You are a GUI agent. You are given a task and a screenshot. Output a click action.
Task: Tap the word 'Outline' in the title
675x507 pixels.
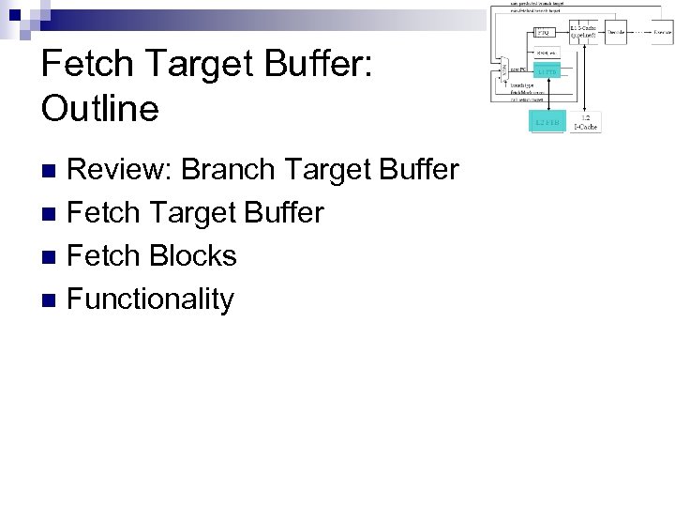pyautogui.click(x=99, y=109)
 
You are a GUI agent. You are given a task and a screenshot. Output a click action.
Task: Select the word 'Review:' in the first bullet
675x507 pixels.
pyautogui.click(x=119, y=170)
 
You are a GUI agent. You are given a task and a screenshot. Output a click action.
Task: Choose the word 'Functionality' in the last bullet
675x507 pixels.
pyautogui.click(x=150, y=300)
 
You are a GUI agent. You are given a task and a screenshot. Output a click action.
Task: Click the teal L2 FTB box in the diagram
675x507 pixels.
pyautogui.click(x=547, y=122)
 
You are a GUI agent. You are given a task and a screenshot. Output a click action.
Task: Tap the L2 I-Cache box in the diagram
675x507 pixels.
pyautogui.click(x=585, y=121)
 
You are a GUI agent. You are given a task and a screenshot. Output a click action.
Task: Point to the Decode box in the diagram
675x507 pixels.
pyautogui.click(x=616, y=33)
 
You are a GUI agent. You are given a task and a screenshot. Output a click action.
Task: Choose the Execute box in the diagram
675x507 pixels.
pyautogui.click(x=661, y=33)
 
